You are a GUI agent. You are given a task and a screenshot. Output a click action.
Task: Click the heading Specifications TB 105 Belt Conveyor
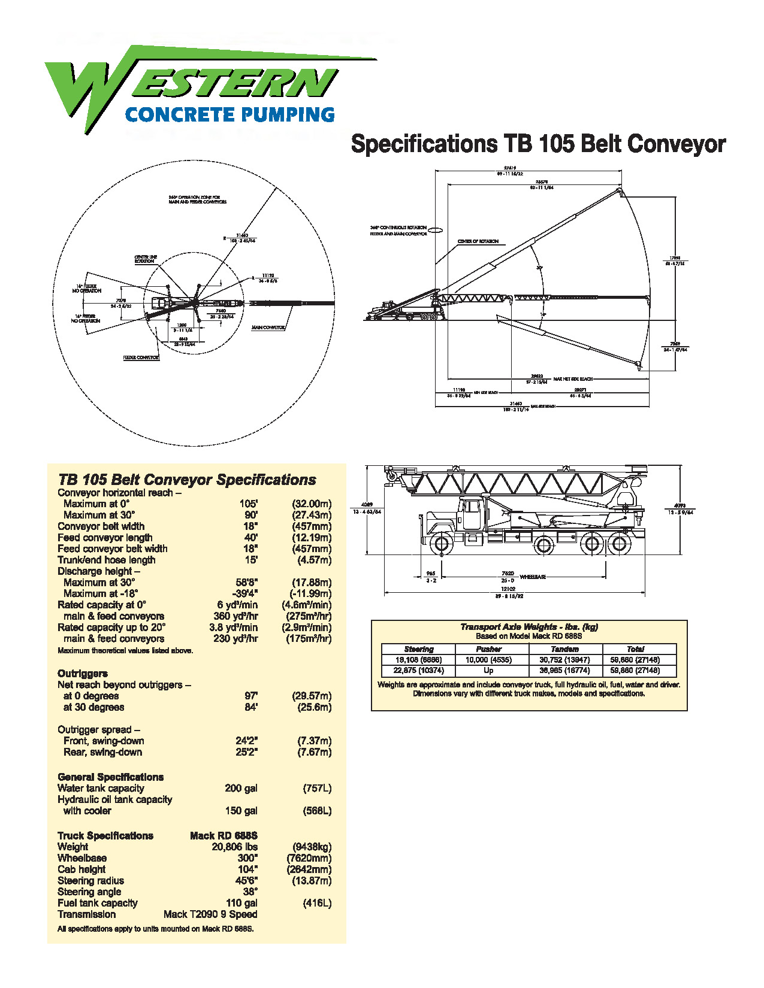(x=537, y=144)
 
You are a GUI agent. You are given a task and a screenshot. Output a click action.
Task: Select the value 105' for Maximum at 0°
(x=249, y=504)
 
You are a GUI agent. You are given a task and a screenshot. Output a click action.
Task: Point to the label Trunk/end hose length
(x=106, y=560)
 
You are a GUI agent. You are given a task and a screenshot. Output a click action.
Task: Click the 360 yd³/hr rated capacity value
(x=235, y=616)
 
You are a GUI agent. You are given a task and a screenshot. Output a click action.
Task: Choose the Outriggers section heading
(x=83, y=673)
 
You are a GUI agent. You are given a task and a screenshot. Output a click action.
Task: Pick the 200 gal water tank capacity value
(x=241, y=788)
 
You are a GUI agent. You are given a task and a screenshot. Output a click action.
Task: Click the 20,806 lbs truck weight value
(x=234, y=847)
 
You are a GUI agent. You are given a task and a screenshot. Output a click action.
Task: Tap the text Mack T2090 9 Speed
(x=210, y=914)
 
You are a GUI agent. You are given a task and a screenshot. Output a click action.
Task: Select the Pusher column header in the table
(x=488, y=649)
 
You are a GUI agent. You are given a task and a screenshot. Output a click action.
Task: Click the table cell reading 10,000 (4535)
(x=488, y=660)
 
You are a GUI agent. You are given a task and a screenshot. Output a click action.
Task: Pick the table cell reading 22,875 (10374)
(x=418, y=671)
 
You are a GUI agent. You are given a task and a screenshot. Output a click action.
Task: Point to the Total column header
(x=635, y=649)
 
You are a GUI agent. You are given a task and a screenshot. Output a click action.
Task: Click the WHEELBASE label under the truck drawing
(x=532, y=577)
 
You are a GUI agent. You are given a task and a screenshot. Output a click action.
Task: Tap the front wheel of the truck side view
(x=441, y=544)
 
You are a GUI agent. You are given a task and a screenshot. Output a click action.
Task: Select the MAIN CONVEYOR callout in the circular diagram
(x=268, y=328)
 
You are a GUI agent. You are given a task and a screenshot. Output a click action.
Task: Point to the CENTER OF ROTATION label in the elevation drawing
(x=478, y=241)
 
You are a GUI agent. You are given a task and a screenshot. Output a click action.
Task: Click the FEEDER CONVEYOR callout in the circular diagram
(x=141, y=357)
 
